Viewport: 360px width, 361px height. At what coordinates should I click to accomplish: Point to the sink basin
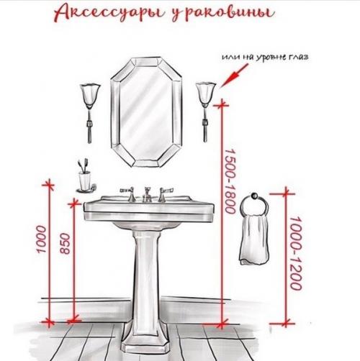(x=148, y=209)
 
